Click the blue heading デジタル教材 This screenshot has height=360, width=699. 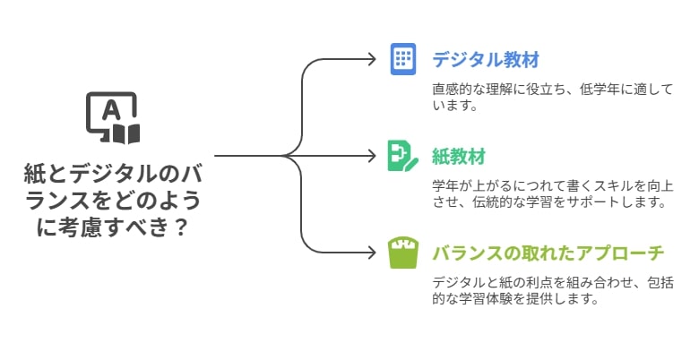point(486,60)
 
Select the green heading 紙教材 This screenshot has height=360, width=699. point(459,157)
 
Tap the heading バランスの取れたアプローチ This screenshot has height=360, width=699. point(548,253)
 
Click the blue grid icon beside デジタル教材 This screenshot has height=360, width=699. point(403,59)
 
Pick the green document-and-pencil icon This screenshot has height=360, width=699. point(402,156)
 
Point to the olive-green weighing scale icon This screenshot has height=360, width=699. point(403,253)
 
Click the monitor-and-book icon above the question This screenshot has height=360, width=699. point(113,118)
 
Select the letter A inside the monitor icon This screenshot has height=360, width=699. point(111,110)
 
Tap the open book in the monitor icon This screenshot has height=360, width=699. point(126,133)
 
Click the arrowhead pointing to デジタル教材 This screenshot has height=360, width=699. point(372,59)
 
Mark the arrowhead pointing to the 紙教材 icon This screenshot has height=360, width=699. point(372,156)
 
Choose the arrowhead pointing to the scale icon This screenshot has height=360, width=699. point(372,253)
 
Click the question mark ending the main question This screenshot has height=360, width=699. point(178,227)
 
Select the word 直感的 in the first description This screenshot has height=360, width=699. point(454,90)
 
